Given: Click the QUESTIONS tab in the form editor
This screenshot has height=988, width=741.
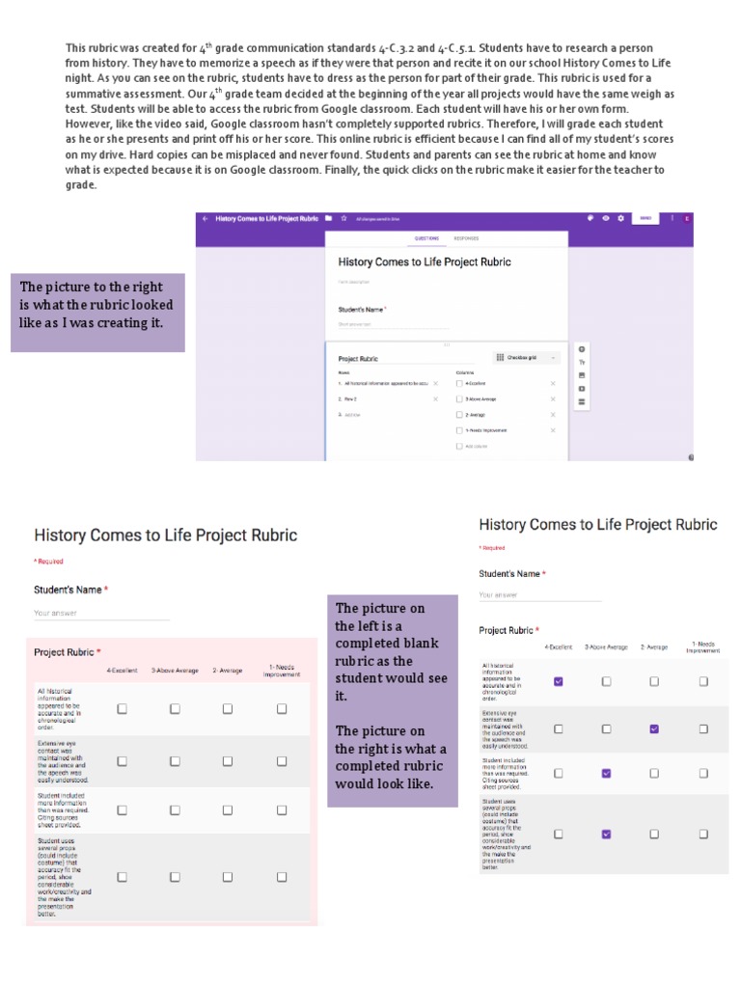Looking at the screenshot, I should point(426,237).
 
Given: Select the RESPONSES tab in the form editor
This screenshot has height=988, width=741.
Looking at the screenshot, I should point(466,237).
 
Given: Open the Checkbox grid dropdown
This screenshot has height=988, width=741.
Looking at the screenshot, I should point(527,357).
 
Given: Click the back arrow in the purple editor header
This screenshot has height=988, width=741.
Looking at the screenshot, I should point(205,219).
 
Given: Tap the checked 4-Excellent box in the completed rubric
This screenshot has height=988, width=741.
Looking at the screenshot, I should point(558,681).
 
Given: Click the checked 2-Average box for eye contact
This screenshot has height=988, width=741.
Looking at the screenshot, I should point(654,728).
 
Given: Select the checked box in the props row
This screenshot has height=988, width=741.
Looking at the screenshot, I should point(606,834).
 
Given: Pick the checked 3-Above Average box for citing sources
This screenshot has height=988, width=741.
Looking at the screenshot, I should point(606,773).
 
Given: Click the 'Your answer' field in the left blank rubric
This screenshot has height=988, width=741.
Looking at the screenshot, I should point(101,613).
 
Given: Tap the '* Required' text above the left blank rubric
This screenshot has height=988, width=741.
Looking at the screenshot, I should point(48,561).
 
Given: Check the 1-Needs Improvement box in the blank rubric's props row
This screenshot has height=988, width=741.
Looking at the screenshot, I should point(282,877).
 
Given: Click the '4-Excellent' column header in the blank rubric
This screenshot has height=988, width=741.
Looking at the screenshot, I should point(122,670).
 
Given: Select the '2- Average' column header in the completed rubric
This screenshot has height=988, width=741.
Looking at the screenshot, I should point(655,647).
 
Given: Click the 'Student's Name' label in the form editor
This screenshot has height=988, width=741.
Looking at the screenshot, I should point(361,309).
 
